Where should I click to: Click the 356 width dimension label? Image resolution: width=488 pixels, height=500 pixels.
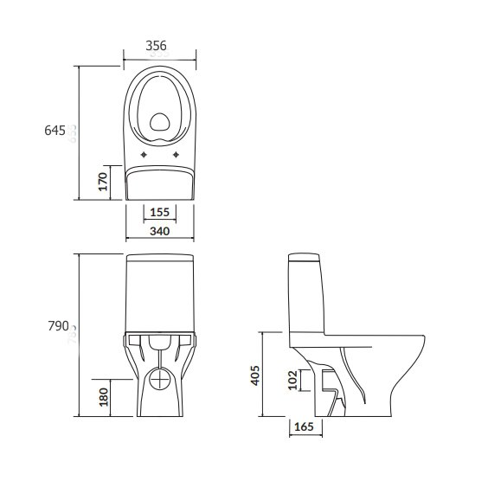pos(156,46)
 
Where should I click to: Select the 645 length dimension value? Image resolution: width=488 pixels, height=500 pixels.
pos(55,131)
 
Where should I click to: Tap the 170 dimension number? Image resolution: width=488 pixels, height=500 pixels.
pos(103,182)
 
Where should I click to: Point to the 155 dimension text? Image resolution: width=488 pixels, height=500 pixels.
pos(159,212)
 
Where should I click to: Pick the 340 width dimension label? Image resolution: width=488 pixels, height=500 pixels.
pos(159,231)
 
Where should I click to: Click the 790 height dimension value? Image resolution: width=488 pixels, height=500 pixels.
pos(58,326)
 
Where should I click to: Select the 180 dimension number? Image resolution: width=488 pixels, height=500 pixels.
pos(104,397)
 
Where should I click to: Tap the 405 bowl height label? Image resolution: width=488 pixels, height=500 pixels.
pos(255,375)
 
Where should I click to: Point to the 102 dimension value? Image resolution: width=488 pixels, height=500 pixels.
pos(292,380)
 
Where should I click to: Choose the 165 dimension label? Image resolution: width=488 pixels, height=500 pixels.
pos(304,426)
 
